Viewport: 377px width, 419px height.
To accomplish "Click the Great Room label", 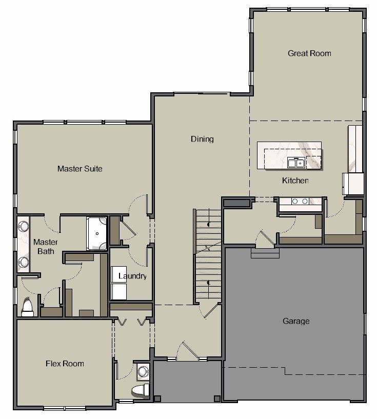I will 309,53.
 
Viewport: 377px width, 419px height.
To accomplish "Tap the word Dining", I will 202,139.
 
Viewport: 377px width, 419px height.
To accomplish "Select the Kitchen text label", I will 295,181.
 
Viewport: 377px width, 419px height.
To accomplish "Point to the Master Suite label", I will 80,168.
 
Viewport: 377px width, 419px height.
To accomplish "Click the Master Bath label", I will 46,246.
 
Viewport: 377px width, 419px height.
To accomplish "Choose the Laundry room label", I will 132,276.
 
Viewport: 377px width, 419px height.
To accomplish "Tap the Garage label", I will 296,321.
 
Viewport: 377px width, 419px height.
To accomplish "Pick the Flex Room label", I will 65,364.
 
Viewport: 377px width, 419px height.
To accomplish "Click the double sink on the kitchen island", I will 296,163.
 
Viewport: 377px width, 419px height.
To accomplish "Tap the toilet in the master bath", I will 27,307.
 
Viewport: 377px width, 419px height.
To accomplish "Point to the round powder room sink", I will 143,370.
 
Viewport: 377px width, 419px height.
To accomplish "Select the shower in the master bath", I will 97,233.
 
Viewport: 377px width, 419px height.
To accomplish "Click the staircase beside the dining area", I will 208,256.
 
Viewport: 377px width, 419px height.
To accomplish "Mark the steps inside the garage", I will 265,253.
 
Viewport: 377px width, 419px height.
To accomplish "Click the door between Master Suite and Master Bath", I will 52,222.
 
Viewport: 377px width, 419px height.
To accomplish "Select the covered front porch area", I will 187,382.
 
